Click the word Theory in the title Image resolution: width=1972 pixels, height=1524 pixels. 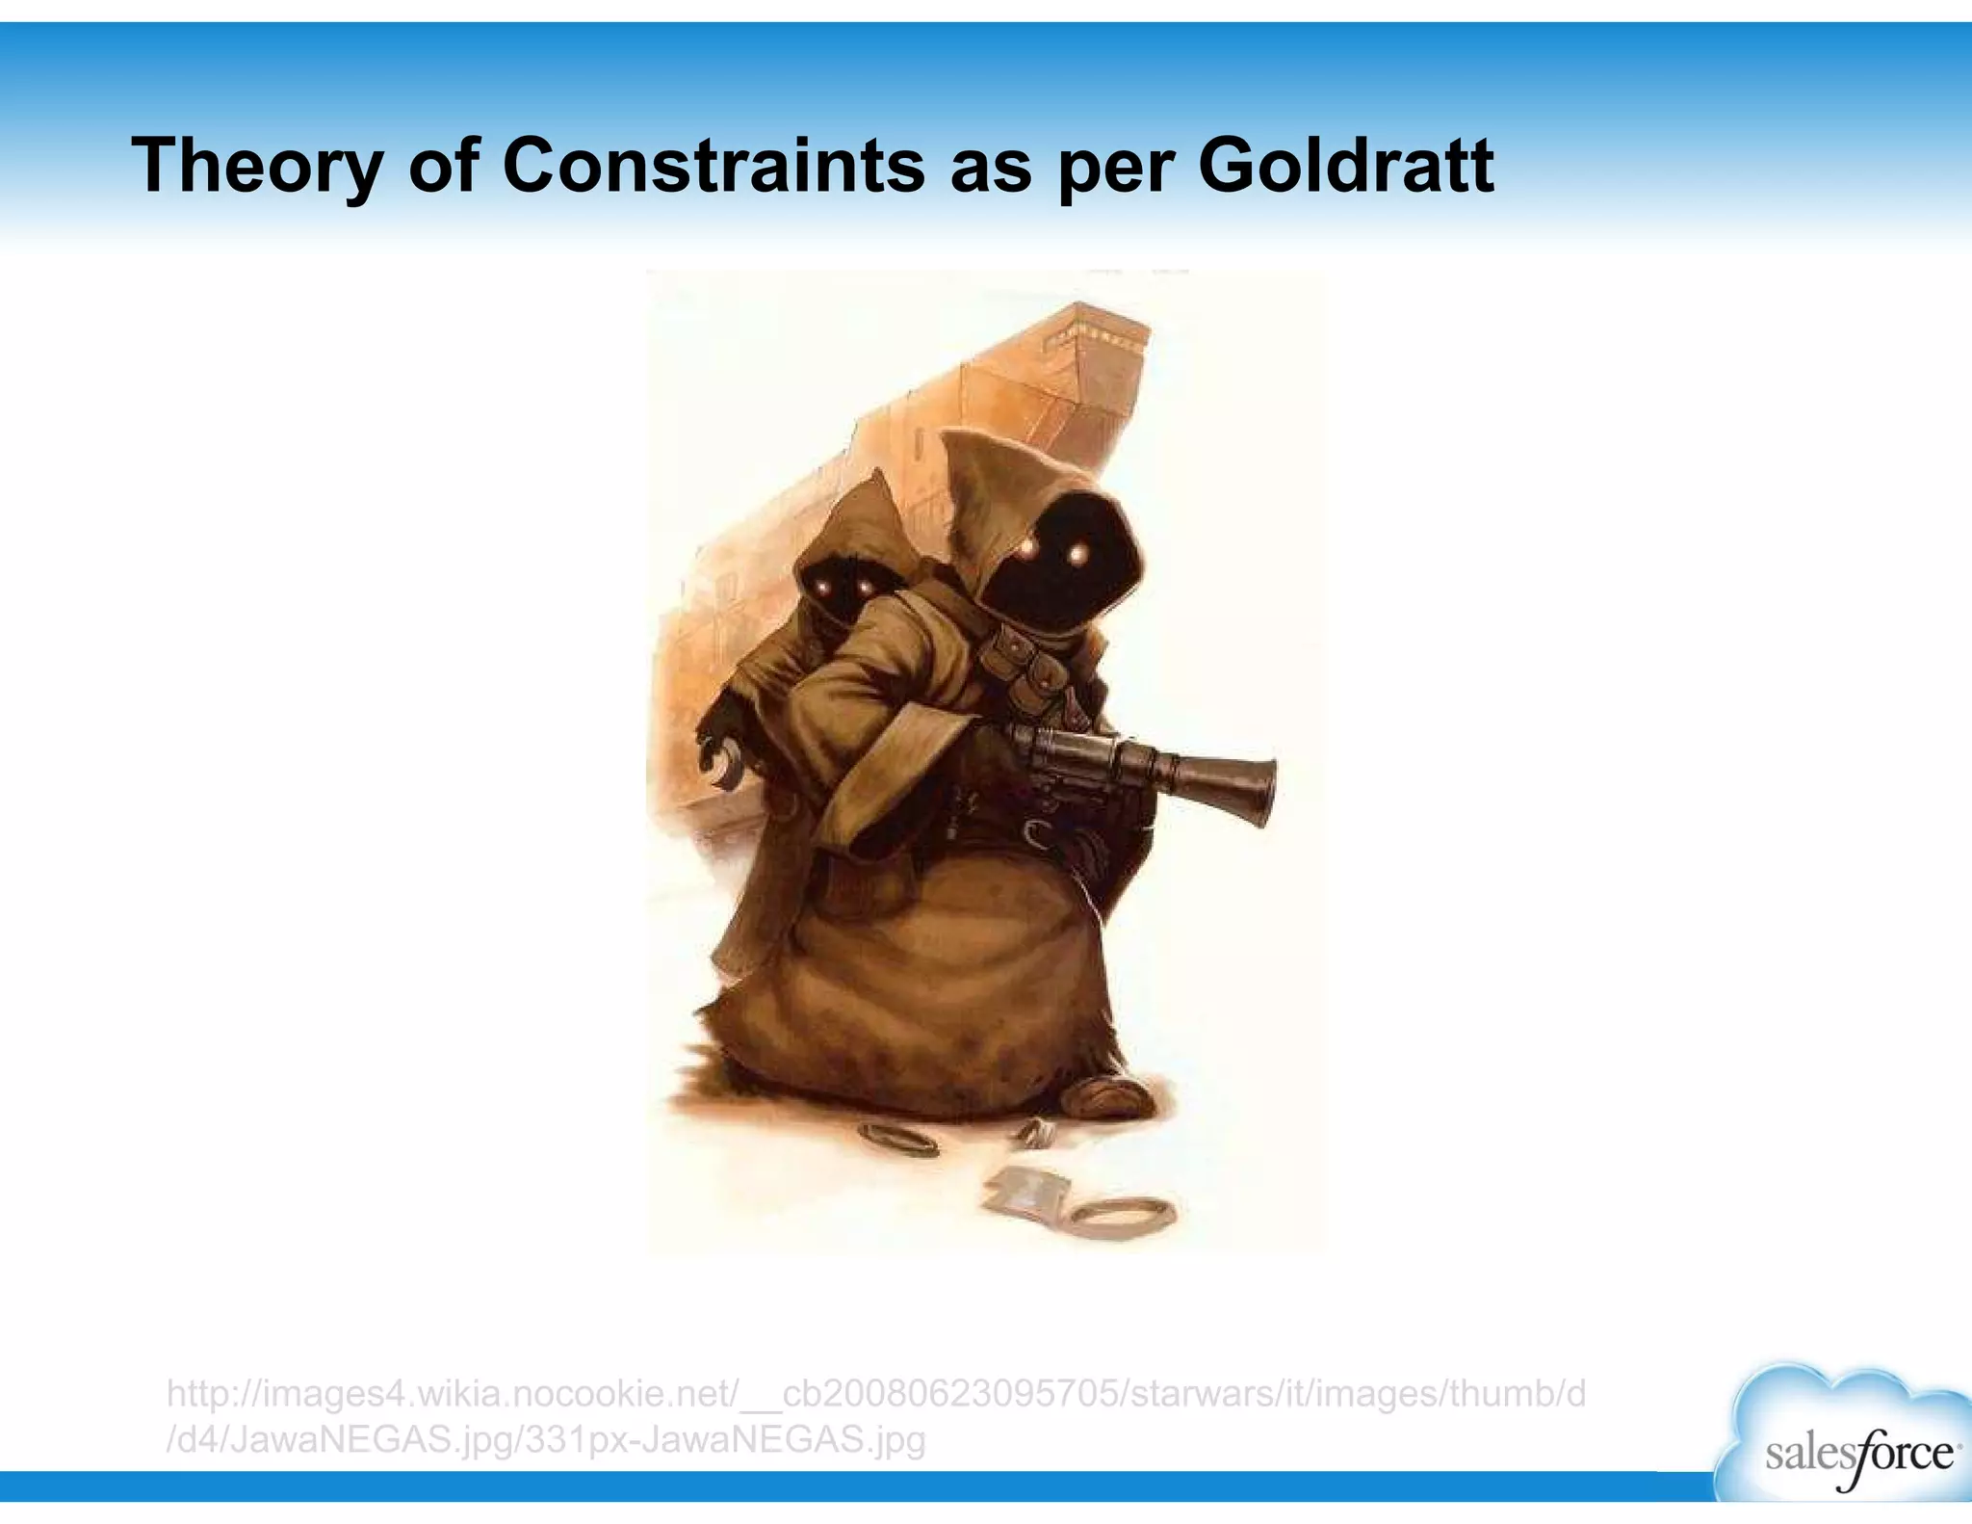(x=256, y=166)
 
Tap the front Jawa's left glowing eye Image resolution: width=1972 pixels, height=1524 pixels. (x=1027, y=549)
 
